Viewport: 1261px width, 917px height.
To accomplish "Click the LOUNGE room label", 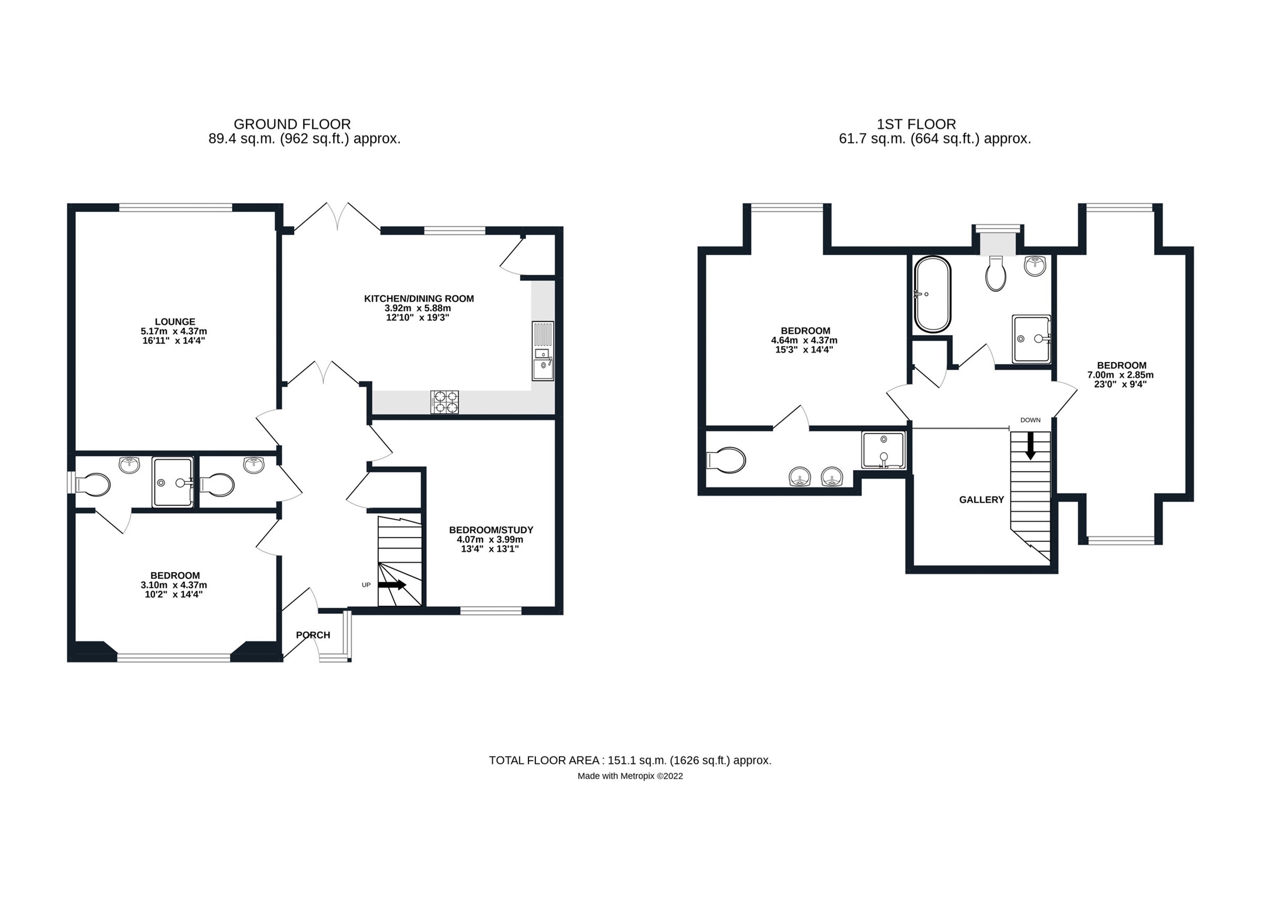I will click(x=175, y=321).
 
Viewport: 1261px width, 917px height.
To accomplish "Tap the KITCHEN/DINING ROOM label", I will click(x=419, y=299).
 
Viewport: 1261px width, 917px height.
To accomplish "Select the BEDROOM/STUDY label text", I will click(x=491, y=530).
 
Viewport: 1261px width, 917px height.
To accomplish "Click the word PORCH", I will click(x=313, y=635).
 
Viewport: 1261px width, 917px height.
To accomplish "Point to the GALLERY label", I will click(x=981, y=500).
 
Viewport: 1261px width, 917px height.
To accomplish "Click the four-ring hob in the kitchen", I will click(x=445, y=402).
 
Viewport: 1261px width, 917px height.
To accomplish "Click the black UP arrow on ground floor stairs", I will click(x=392, y=585).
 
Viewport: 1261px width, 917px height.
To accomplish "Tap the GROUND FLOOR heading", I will click(x=292, y=124).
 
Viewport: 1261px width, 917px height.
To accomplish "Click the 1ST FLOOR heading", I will click(x=916, y=124).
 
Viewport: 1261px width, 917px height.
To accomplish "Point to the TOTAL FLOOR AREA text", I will click(x=630, y=760).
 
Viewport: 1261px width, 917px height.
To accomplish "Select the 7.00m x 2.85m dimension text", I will click(x=1121, y=375).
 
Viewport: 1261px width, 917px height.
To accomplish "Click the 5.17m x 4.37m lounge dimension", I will click(x=173, y=331).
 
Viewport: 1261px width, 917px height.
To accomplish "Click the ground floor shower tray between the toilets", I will click(x=173, y=482).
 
